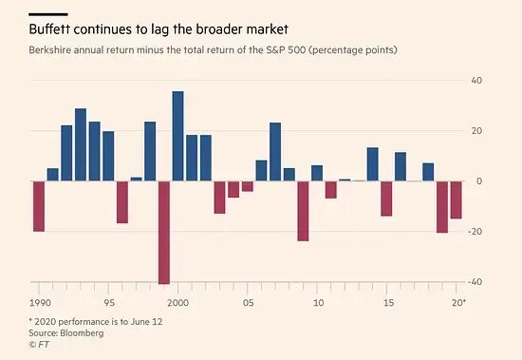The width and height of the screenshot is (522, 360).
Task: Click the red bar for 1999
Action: pos(164,233)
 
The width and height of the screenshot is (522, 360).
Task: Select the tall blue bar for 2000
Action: pos(177,136)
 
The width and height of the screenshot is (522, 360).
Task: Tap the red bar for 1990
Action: pos(39,206)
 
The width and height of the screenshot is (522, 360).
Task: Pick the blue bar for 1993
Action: pos(81,144)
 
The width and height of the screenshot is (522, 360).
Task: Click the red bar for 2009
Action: pos(303,211)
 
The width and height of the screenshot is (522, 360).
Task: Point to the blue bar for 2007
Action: pos(275,152)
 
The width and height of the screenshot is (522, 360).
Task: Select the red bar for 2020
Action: pos(457,199)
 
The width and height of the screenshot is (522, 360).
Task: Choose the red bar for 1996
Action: pos(122,202)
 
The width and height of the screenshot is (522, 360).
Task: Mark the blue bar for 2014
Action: pos(373,164)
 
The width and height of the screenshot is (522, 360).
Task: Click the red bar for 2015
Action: pos(386,199)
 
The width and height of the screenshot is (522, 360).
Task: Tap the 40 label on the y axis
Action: pos(476,81)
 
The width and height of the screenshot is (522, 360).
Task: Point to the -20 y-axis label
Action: pos(475,232)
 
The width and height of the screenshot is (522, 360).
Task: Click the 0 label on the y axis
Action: pos(479,181)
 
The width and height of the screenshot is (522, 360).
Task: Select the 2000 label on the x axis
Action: pos(177,303)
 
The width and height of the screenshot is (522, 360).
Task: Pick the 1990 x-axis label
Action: pos(40,303)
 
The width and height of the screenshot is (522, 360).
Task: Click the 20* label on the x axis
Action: pos(458,303)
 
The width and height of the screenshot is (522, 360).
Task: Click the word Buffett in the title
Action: pos(49,29)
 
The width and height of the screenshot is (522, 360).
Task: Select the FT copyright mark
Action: pos(39,345)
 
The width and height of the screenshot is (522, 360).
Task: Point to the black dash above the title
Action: pos(48,14)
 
